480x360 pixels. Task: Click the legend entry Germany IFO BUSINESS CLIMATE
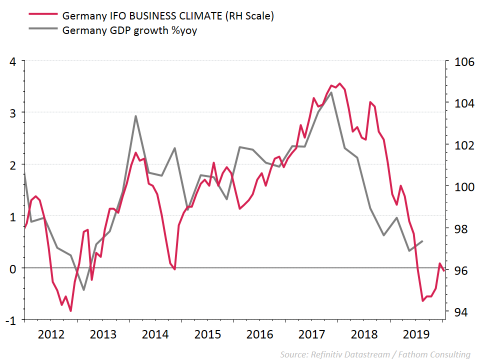click(167, 15)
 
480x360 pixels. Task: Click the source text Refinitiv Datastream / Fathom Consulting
click(375, 354)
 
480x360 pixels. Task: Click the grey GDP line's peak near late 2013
click(136, 116)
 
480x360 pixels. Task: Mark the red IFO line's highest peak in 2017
click(340, 83)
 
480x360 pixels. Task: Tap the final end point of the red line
click(444, 270)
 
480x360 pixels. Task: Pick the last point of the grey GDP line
click(423, 241)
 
